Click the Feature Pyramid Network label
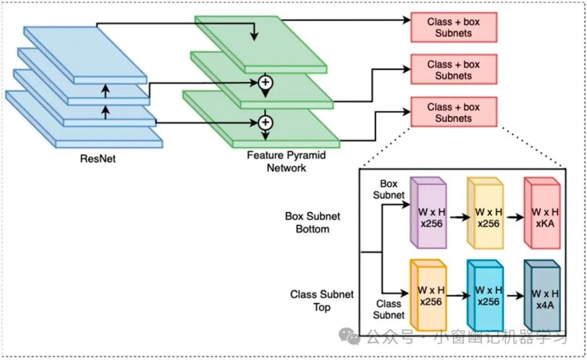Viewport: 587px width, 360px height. click(286, 162)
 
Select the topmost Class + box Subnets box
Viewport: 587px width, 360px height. click(453, 27)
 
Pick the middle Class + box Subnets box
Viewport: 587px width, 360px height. click(453, 70)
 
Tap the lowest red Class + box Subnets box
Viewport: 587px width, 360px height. click(453, 112)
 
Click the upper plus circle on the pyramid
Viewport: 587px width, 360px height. click(265, 82)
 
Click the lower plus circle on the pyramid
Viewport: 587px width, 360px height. click(265, 121)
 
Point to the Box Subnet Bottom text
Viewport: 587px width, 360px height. click(313, 222)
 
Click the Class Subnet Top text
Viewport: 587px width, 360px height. click(322, 301)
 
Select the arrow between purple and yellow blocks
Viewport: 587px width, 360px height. click(457, 217)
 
